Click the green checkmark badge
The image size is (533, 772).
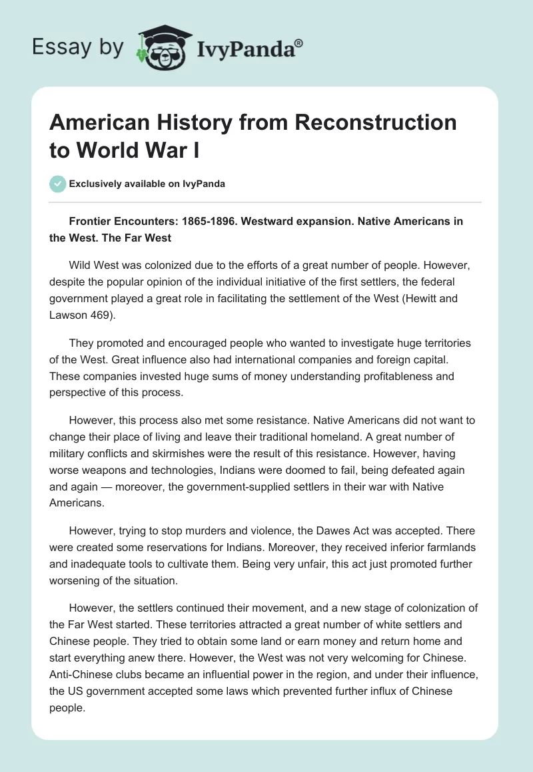coord(57,184)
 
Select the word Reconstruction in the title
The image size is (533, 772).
coord(386,122)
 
